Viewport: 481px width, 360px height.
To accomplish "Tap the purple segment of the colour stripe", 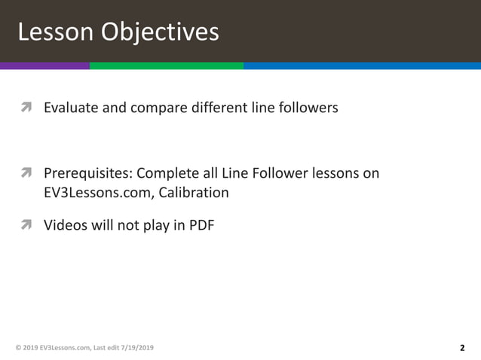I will pos(44,66).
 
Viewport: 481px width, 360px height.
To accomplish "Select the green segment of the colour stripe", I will pos(166,66).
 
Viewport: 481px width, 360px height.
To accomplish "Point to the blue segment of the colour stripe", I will pos(362,66).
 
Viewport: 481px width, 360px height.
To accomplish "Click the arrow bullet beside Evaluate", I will pos(26,108).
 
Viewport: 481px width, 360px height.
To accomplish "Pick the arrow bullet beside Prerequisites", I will pos(26,175).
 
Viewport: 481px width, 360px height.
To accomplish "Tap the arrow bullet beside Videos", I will pos(26,224).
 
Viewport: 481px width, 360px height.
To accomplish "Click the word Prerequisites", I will pos(87,174).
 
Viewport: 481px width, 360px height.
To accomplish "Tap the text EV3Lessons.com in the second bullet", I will pos(91,193).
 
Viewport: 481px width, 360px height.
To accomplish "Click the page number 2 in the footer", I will pos(461,348).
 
